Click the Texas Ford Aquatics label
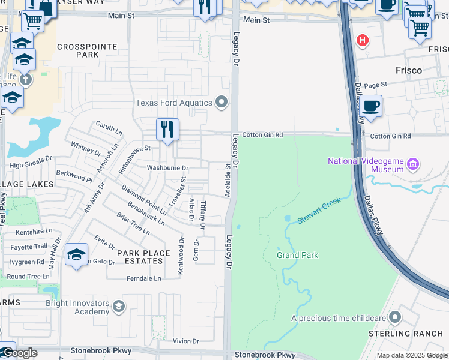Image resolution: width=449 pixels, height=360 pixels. coord(174,103)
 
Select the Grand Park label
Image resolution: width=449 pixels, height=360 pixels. coord(297,255)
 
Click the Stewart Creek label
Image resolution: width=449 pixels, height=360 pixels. coord(319,211)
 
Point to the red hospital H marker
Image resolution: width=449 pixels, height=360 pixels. coord(363,41)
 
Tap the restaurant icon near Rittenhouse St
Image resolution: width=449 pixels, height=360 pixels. coord(167,129)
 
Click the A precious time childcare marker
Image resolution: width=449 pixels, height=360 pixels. coord(395,316)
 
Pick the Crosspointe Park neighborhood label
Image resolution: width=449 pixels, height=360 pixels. coord(77,50)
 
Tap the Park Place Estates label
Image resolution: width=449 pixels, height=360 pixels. coord(143,257)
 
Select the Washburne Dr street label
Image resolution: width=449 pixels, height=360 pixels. coord(167,168)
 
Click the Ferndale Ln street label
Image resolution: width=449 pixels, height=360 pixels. coord(144,278)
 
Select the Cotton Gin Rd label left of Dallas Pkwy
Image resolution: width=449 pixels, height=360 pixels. coord(262,135)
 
